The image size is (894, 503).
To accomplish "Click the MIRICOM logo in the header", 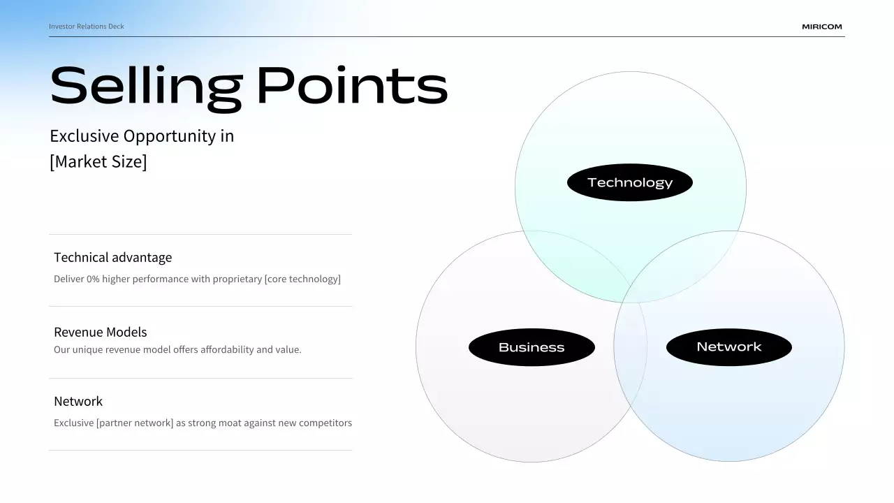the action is [822, 27].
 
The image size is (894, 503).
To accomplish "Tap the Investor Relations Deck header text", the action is [86, 27].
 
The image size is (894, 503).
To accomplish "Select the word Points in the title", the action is [352, 85].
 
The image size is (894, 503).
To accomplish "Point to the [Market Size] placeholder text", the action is [98, 161].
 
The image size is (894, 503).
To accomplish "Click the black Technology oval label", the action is [630, 182].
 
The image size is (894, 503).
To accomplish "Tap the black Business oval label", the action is [532, 347].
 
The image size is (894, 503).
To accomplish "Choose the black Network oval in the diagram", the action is [729, 347].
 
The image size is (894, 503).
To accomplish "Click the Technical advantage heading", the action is [113, 258].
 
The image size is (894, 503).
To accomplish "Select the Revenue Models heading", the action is [100, 332].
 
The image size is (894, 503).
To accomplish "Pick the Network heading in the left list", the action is [78, 401].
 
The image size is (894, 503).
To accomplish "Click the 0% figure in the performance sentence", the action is [93, 279].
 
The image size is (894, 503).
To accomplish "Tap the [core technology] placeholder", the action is [302, 279].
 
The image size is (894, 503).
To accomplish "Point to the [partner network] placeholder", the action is [135, 423].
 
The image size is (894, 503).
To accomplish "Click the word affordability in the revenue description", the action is [227, 350].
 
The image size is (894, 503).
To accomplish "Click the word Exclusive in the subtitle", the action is [85, 136].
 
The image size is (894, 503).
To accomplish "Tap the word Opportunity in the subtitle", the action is [170, 136].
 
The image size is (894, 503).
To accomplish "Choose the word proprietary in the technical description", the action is [237, 279].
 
